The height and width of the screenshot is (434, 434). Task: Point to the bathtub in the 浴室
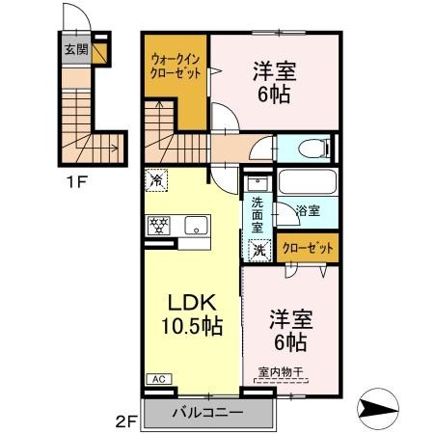click(308, 183)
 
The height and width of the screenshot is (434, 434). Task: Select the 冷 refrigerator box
click(155, 179)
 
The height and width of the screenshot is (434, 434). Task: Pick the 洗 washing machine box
click(258, 249)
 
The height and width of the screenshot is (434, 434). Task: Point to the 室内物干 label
click(281, 372)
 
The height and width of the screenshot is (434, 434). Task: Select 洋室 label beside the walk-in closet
click(273, 82)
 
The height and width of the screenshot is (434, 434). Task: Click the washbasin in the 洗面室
click(257, 183)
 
